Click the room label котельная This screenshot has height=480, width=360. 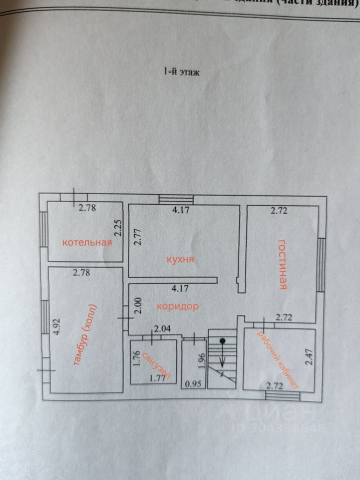tap(86, 242)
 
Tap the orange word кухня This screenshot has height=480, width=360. tap(180, 260)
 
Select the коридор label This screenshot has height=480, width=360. tap(178, 306)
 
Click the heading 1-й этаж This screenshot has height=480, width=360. tap(181, 72)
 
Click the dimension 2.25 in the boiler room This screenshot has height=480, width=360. tap(117, 228)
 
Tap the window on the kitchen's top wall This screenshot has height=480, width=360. tap(175, 199)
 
